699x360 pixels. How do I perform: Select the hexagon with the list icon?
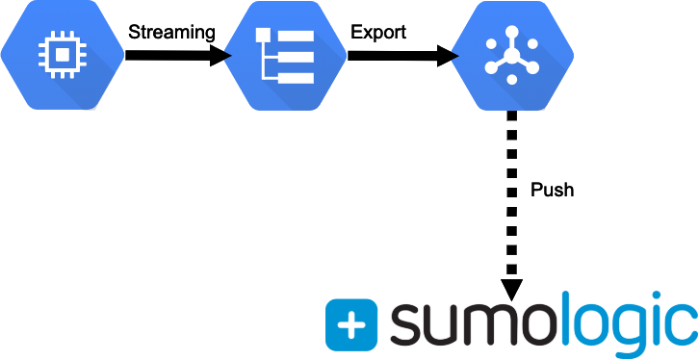point(285,55)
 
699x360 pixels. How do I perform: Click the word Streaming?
point(172,32)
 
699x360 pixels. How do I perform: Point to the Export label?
point(378,32)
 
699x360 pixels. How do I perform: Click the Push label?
point(553,190)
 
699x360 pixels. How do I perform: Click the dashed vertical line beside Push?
point(512,193)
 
